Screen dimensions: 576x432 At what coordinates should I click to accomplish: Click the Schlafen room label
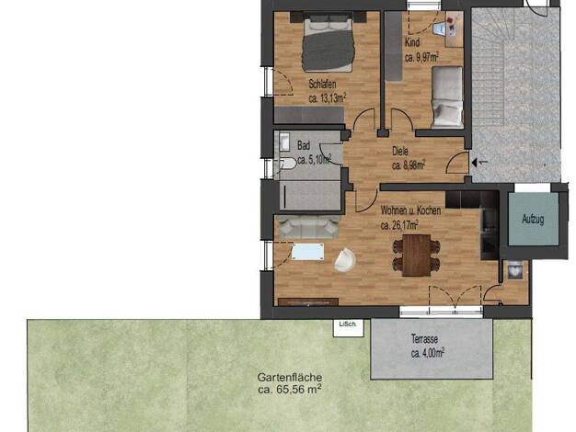[322, 84]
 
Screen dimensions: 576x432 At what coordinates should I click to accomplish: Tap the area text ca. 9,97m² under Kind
[421, 57]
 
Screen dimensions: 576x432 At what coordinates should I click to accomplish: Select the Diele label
[400, 151]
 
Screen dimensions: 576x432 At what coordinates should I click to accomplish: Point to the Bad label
[304, 145]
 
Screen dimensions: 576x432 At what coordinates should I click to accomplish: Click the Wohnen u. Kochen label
[410, 210]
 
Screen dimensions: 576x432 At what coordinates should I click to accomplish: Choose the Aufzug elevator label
[533, 220]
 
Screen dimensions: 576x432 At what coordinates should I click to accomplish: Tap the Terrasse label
[424, 338]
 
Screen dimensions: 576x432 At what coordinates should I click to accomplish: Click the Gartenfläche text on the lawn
[290, 377]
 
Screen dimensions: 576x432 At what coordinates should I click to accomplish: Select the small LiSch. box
[348, 328]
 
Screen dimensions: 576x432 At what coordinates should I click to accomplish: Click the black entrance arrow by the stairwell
[476, 162]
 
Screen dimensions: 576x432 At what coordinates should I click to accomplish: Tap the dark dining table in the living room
[417, 256]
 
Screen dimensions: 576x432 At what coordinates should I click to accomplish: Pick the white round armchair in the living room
[344, 260]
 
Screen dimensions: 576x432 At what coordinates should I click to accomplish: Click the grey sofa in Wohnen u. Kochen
[308, 227]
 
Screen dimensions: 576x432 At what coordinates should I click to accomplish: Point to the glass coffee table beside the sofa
[308, 252]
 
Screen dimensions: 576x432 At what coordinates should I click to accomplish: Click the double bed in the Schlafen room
[328, 41]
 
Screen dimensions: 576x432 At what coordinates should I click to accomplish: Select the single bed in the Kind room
[447, 97]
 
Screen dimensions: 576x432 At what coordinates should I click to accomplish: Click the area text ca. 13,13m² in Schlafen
[328, 98]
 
